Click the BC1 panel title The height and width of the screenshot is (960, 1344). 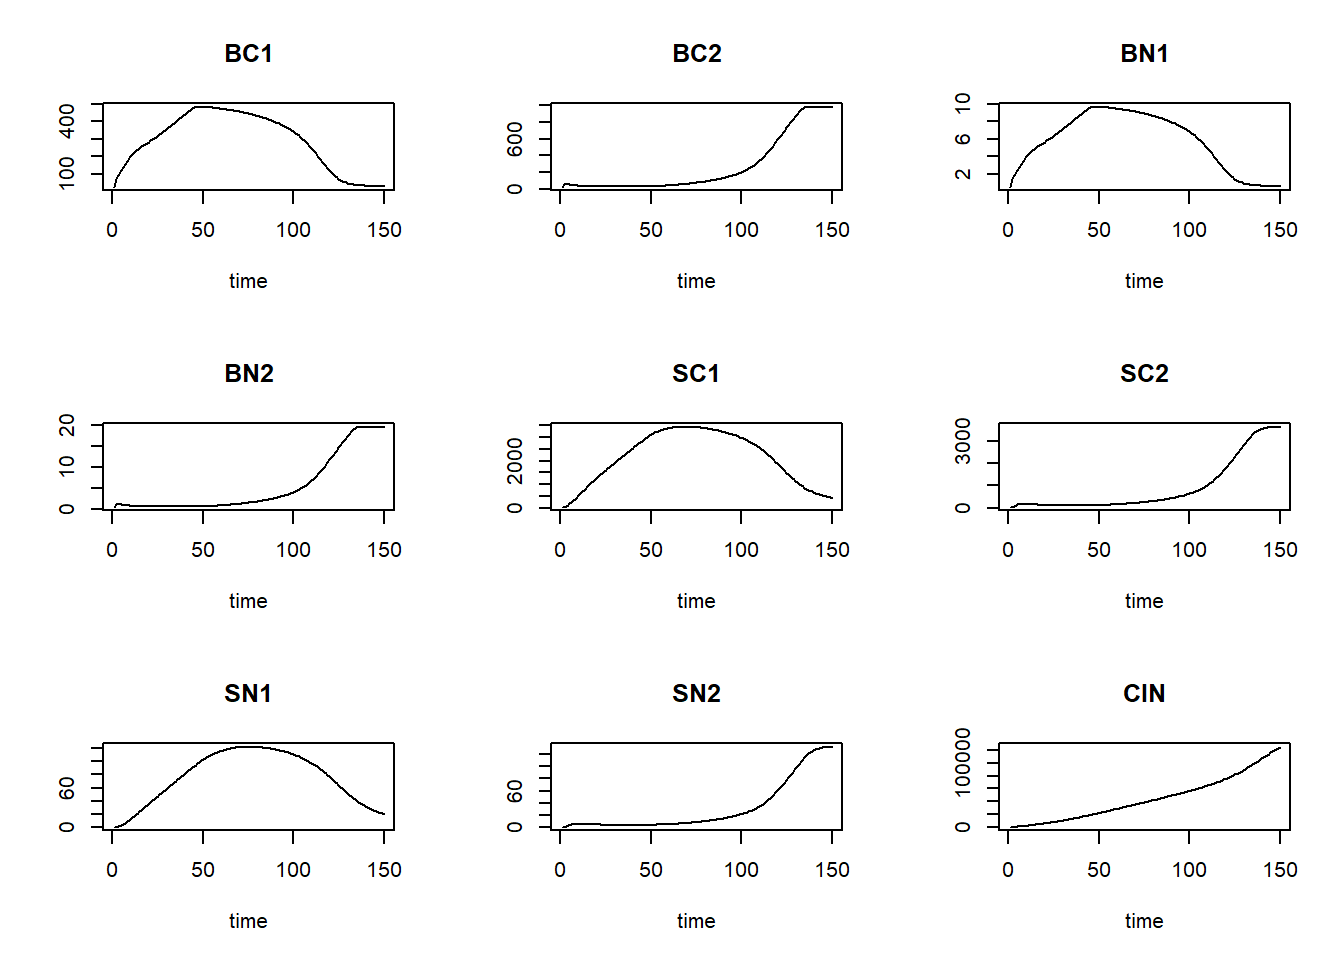click(248, 54)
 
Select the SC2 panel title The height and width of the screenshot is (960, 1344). click(1144, 374)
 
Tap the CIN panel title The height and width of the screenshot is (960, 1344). click(1144, 694)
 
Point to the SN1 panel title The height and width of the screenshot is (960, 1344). click(248, 694)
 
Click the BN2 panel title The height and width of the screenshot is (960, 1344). click(248, 374)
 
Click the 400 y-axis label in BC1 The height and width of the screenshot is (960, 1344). click(67, 120)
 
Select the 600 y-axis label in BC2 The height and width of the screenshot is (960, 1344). click(515, 139)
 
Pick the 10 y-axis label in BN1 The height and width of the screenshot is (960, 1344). click(963, 102)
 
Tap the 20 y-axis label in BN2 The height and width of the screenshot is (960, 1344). click(67, 425)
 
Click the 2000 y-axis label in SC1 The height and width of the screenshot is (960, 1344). click(515, 460)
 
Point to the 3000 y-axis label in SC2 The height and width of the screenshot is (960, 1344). click(963, 441)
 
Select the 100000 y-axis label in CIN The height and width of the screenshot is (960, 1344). click(963, 762)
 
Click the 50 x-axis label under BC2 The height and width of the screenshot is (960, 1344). click(651, 230)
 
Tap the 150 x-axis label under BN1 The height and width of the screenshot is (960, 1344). click(1280, 230)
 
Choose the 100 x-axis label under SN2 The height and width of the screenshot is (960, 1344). click(741, 870)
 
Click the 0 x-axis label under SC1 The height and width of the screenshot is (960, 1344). click(560, 550)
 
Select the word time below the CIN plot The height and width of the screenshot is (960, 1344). click(1144, 921)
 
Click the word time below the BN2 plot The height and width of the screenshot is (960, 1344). click(248, 601)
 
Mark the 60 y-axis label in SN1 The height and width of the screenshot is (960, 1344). click(67, 790)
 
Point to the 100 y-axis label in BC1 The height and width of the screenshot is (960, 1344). click(67, 172)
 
